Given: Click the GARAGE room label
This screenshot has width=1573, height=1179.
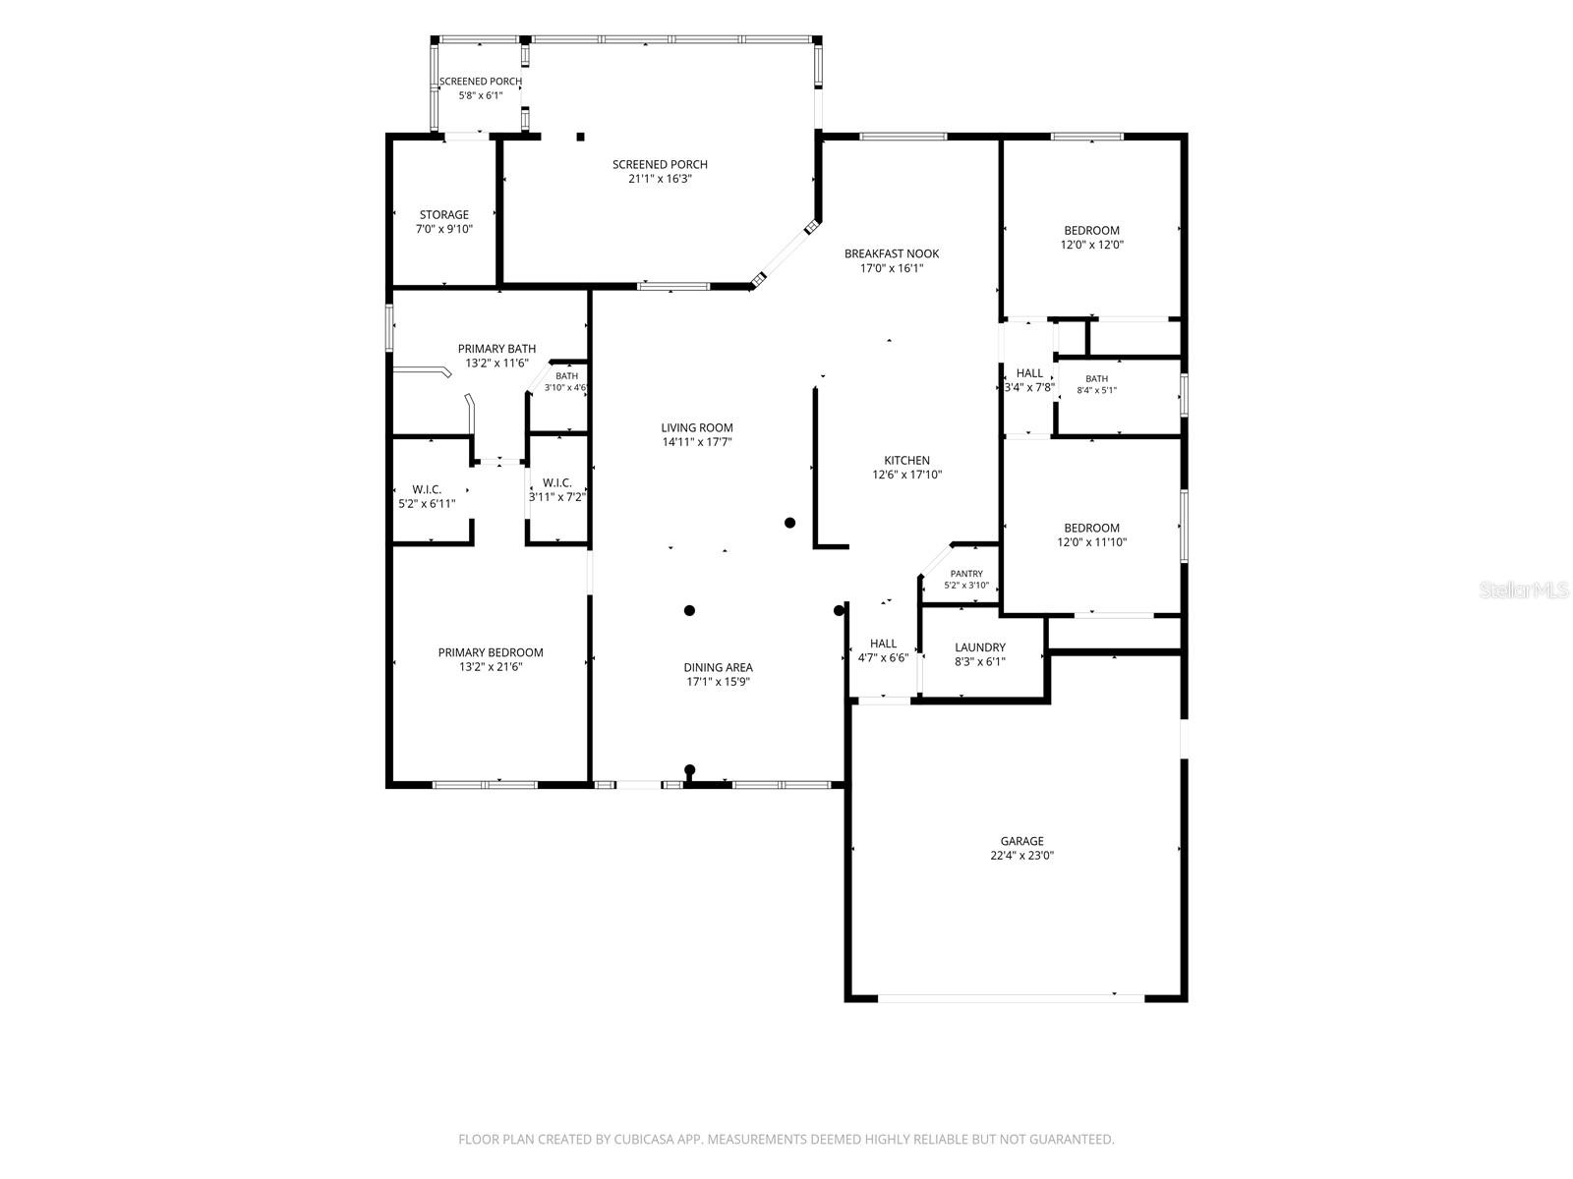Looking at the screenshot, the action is tap(1021, 840).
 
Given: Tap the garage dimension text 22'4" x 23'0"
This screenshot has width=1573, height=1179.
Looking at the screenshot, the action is tap(1021, 855).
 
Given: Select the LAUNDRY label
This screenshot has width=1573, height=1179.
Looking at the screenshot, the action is tap(979, 647).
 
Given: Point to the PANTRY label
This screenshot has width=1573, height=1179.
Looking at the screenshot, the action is tap(966, 574).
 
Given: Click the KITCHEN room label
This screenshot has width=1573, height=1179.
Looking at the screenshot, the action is tap(906, 460).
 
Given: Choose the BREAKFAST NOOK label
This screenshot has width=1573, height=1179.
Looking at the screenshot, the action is tap(892, 253).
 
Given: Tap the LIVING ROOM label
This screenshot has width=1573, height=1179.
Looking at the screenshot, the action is tap(697, 427).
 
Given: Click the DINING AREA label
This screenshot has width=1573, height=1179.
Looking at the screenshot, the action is tap(718, 667).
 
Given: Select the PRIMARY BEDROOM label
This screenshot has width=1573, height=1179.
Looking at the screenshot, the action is tap(491, 652).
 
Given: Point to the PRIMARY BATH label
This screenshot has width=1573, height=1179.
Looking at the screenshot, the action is tap(496, 349).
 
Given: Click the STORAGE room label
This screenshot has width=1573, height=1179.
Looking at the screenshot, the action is tap(443, 215).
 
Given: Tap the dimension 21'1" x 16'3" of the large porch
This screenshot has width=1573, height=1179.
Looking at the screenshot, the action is tap(660, 179).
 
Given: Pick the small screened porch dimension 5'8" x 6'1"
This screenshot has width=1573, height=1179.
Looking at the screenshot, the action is tap(480, 95).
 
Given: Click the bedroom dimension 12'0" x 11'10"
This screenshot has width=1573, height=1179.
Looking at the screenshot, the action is tap(1091, 542).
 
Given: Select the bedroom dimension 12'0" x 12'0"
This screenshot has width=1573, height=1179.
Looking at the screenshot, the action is tap(1091, 245).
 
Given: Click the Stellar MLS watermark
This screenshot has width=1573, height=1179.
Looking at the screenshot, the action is tap(1524, 589).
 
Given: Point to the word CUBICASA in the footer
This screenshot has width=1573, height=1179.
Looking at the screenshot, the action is tap(644, 1139).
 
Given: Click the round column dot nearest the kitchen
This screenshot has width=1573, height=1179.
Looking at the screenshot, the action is tap(789, 523).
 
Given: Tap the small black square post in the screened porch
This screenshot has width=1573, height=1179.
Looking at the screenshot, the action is tap(580, 137).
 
